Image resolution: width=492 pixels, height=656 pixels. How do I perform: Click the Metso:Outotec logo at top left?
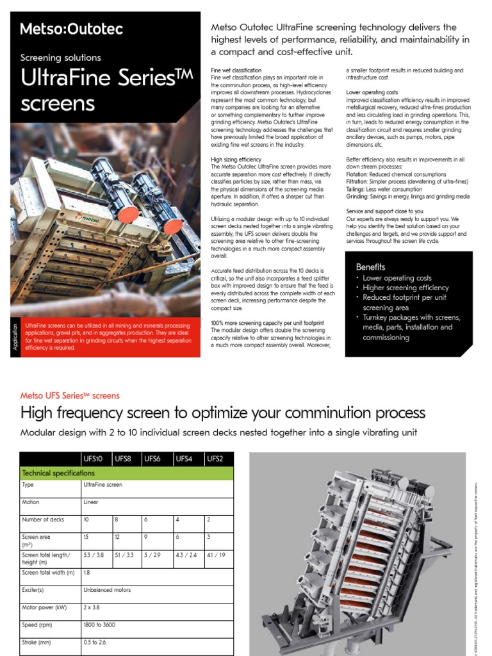point(72,29)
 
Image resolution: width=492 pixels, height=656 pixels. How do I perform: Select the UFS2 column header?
point(216,458)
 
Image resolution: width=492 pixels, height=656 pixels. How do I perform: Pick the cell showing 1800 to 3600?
point(99,624)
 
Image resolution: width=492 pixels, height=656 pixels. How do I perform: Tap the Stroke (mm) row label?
point(36,641)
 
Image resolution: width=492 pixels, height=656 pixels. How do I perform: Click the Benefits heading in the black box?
point(371,266)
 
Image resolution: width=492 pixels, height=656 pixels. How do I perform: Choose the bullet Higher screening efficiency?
point(406,288)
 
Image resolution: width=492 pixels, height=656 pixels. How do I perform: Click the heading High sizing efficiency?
point(236,159)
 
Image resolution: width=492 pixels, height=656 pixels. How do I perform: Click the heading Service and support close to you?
point(384,211)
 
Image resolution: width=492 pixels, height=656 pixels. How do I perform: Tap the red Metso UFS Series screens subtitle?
point(70,395)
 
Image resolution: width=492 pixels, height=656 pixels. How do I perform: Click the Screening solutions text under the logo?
point(61,58)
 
